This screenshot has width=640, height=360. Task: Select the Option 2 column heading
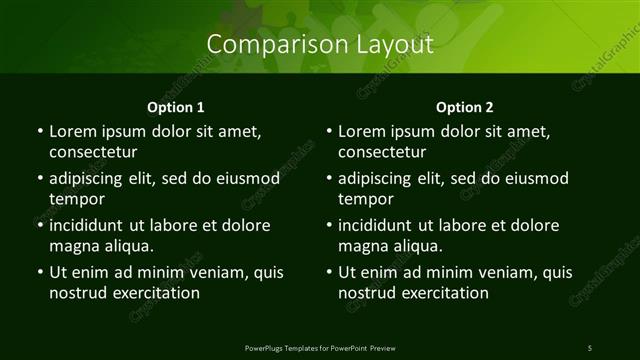465,106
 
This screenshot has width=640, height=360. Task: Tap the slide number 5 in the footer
590,347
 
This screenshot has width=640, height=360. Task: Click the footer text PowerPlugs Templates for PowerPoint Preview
320,347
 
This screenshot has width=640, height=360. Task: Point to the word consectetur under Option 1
93,153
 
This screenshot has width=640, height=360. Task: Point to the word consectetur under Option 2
383,153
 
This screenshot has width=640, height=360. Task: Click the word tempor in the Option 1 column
77,199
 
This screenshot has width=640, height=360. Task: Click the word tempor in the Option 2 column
367,199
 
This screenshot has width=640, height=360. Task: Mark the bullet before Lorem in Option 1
40,131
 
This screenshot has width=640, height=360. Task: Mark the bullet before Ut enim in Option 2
330,271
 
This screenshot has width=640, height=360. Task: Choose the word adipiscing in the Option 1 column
92,178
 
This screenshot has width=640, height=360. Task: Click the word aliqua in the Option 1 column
124,246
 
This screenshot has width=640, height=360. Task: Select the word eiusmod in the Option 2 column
536,178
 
